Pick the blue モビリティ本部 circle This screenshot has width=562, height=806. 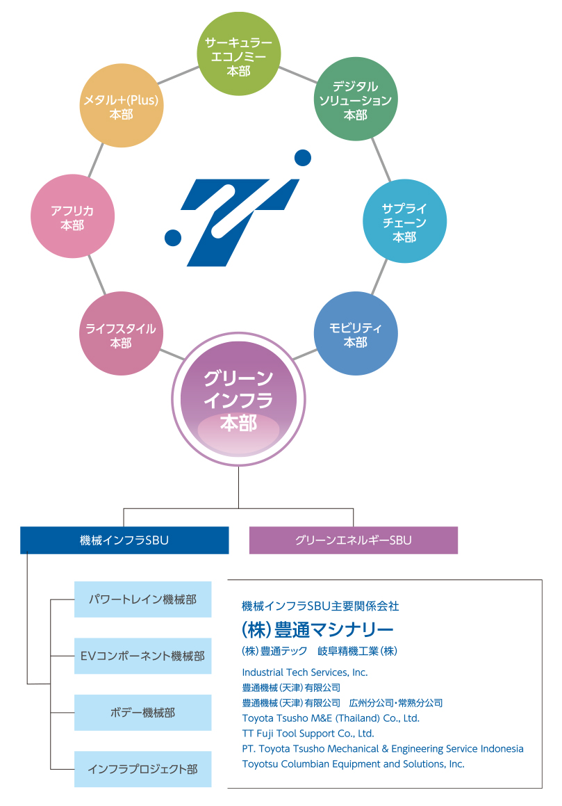pyautogui.click(x=356, y=335)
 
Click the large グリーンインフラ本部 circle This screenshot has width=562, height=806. pyautogui.click(x=238, y=400)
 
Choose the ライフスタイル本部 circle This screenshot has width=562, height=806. pyautogui.click(x=121, y=335)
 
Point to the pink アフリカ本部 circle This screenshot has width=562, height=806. pyautogui.click(x=72, y=216)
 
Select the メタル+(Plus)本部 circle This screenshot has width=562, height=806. pyautogui.click(x=122, y=106)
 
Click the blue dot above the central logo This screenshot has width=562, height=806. pyautogui.click(x=302, y=159)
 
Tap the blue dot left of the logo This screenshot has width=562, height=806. pyautogui.click(x=172, y=239)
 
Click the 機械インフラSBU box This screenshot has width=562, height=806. pyautogui.click(x=124, y=540)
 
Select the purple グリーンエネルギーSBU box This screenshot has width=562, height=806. pyautogui.click(x=353, y=540)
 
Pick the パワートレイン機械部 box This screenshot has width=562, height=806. pyautogui.click(x=142, y=599)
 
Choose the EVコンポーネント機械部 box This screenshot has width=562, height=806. pyautogui.click(x=142, y=656)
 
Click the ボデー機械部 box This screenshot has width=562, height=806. pyautogui.click(x=142, y=713)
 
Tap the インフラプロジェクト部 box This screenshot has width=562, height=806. pyautogui.click(x=142, y=769)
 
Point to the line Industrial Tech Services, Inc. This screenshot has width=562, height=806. pyautogui.click(x=304, y=672)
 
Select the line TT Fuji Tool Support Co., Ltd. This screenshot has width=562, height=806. pyautogui.click(x=308, y=734)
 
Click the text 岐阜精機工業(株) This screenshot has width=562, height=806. pyautogui.click(x=357, y=652)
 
